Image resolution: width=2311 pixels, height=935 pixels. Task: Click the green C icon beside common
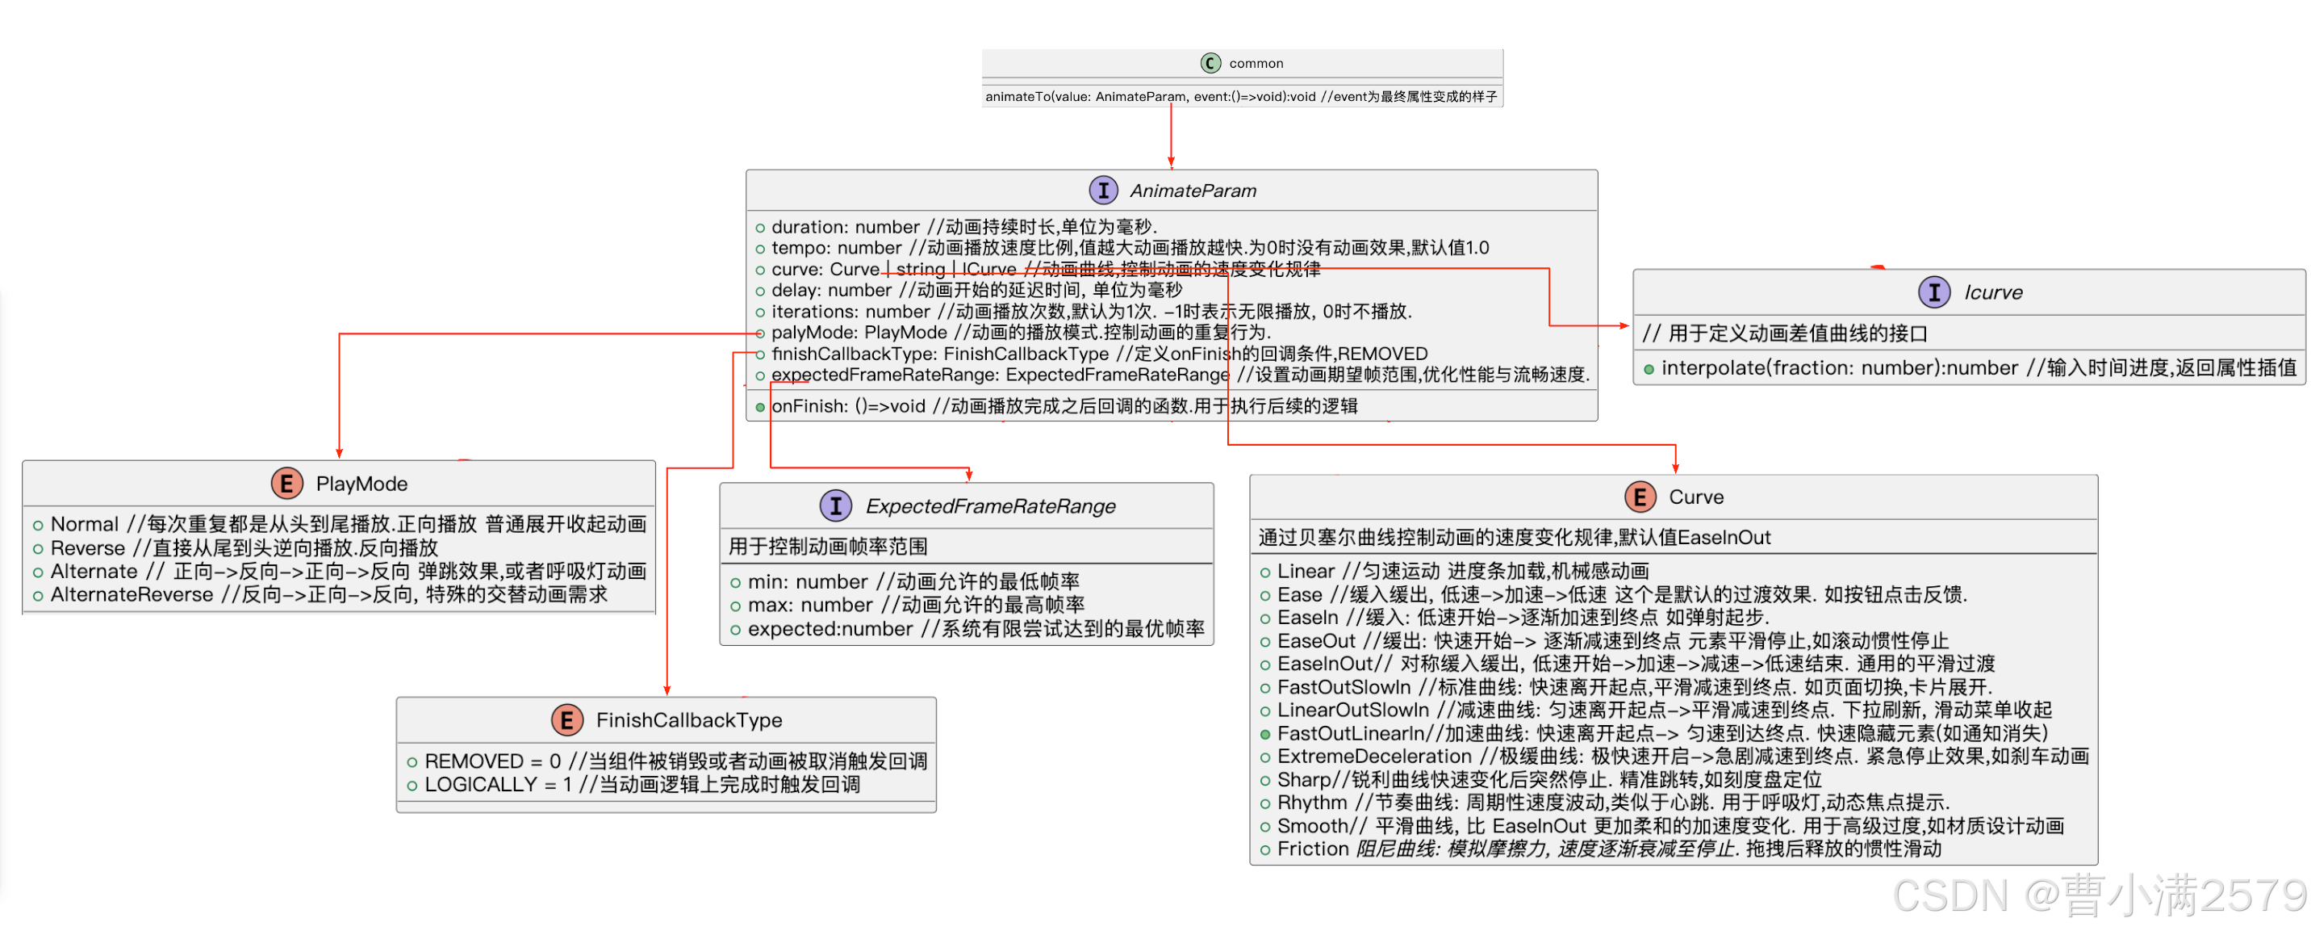click(1210, 63)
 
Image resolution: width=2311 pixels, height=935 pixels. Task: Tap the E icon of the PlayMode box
click(286, 484)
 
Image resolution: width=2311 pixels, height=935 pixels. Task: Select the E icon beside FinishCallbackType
click(566, 719)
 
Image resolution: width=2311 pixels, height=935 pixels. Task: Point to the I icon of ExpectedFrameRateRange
click(835, 506)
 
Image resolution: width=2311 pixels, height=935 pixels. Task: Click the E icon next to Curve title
click(1639, 497)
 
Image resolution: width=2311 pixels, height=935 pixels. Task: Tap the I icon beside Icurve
click(1933, 292)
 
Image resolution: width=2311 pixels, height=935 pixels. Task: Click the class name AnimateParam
click(1193, 191)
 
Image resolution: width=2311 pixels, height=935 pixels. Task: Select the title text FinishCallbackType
click(688, 720)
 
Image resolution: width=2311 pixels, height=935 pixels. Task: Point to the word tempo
click(800, 249)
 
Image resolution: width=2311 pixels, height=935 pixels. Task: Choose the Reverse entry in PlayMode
click(87, 548)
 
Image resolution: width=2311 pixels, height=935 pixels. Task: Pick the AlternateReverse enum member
click(131, 595)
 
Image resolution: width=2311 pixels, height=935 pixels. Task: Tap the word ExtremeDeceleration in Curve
click(1373, 757)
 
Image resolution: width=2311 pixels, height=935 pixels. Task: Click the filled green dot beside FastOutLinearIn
click(1265, 734)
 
